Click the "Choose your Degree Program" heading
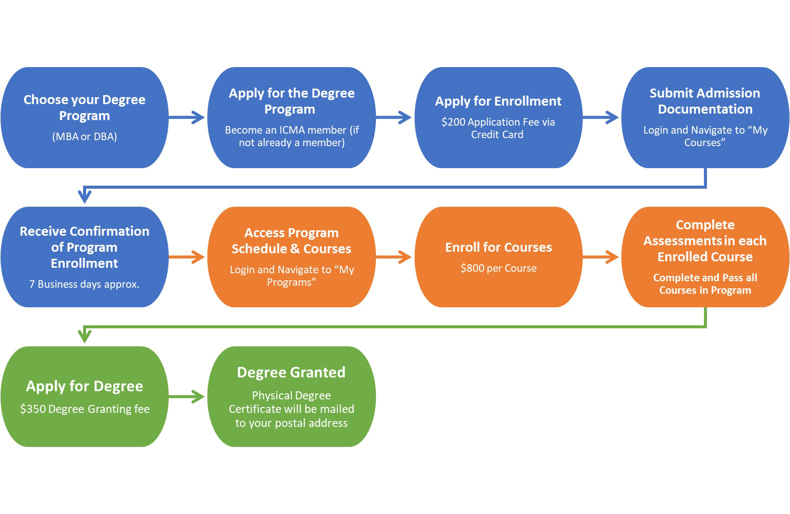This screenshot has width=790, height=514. [84, 108]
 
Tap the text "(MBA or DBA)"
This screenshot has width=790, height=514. [84, 137]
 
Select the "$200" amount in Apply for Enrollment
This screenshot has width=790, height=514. [453, 122]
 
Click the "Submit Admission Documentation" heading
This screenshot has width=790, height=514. [704, 101]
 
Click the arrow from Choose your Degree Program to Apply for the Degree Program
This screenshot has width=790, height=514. [187, 118]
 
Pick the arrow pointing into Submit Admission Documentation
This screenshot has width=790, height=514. [601, 118]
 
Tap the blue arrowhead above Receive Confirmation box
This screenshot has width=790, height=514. [85, 195]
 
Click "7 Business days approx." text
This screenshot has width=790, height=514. [84, 284]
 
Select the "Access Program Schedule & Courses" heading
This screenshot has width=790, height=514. [291, 241]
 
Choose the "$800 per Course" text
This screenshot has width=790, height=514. [498, 268]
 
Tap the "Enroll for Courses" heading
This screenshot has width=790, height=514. [498, 247]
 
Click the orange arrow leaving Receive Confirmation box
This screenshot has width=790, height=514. [187, 257]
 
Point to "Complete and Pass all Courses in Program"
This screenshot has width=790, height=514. [705, 284]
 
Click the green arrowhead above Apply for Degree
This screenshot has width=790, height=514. [85, 335]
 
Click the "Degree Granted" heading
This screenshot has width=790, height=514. [291, 372]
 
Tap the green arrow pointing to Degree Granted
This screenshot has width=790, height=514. [187, 397]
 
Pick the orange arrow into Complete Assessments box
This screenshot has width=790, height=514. [601, 257]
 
